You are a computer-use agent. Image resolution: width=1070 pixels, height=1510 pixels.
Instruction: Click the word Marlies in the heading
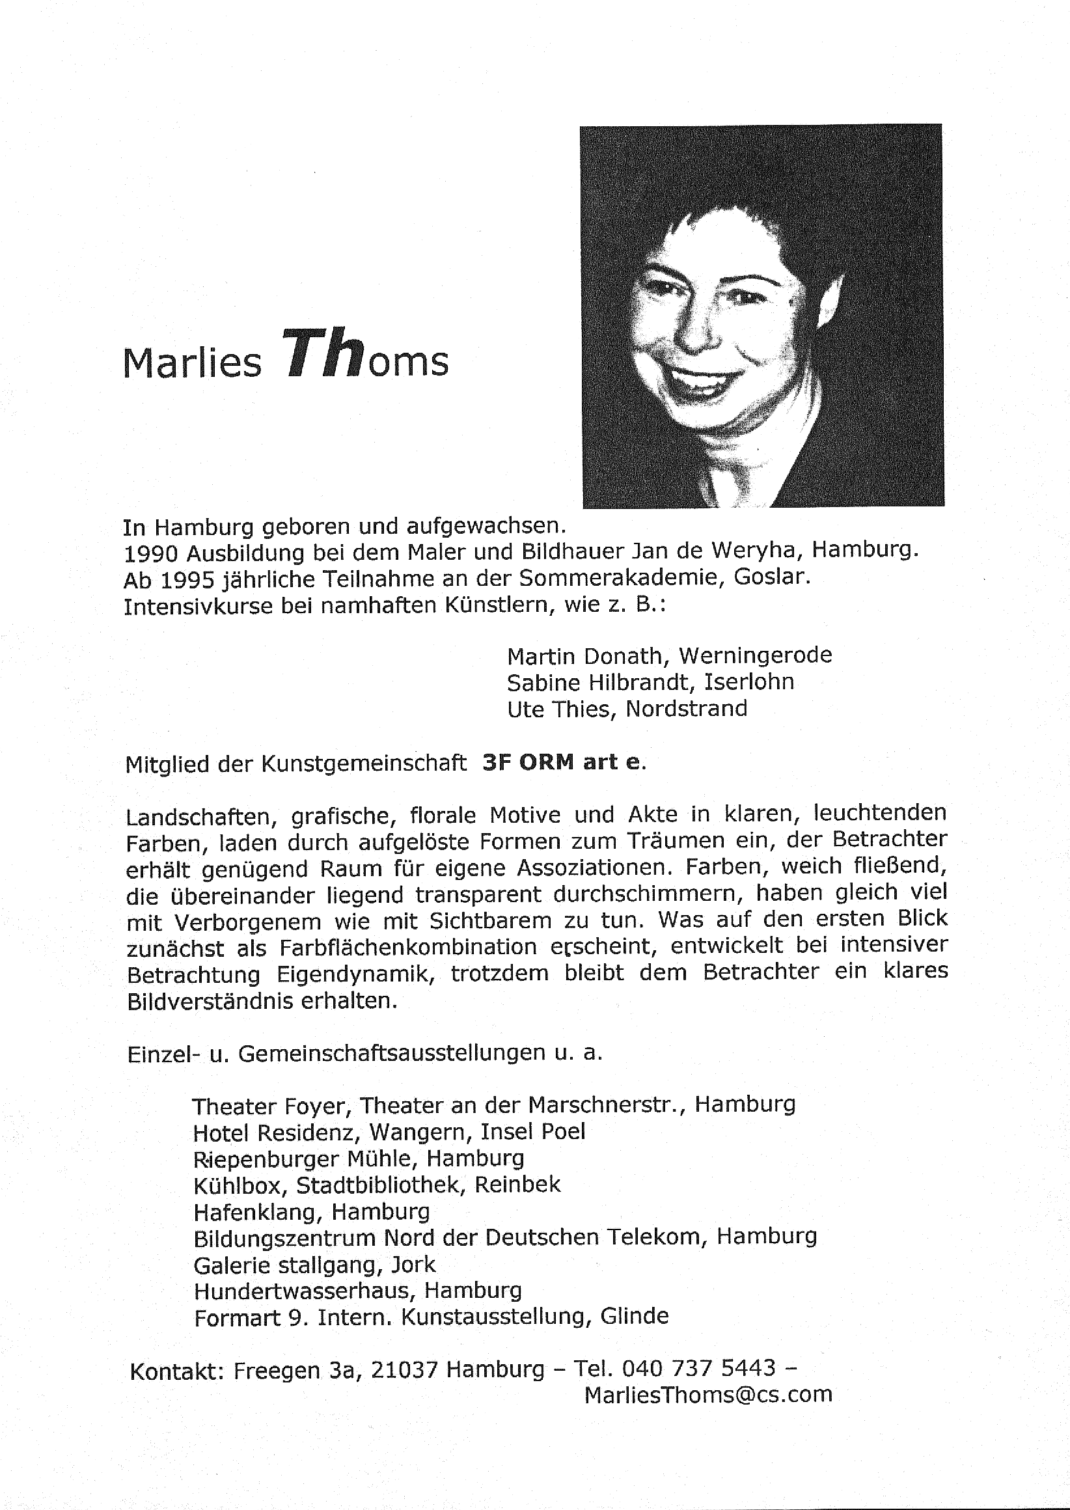point(192,364)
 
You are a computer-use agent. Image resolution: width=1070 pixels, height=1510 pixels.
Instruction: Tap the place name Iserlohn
point(749,682)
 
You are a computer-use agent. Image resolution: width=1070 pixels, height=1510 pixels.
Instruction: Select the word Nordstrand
point(686,709)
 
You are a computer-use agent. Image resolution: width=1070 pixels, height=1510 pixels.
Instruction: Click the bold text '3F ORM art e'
point(560,762)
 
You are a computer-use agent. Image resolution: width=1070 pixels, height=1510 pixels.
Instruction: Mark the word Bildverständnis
point(207,1002)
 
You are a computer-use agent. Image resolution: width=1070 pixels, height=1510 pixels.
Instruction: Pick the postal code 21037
point(405,1369)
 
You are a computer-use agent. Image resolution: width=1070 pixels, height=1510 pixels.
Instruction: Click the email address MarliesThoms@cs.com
point(707,1395)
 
